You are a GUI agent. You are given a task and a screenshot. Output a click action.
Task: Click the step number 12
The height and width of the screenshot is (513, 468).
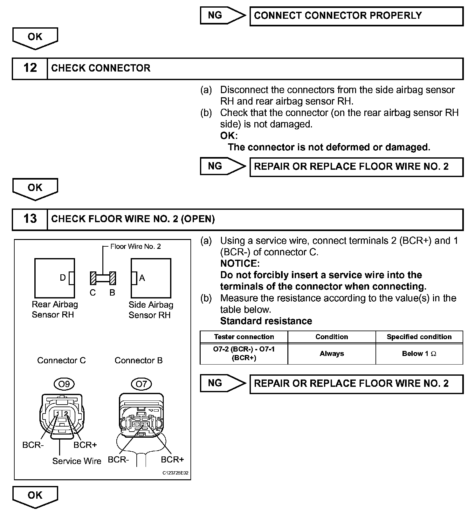[30, 68]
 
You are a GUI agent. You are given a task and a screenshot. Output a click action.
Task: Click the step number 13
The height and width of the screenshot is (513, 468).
[30, 219]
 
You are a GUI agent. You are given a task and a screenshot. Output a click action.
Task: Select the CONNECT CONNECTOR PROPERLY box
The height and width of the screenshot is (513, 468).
[356, 16]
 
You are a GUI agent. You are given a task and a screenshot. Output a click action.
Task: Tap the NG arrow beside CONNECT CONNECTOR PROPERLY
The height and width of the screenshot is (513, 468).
[222, 16]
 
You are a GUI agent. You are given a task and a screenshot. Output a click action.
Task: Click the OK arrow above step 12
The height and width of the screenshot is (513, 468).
[35, 38]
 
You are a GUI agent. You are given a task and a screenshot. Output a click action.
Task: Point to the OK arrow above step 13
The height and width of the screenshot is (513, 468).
[35, 188]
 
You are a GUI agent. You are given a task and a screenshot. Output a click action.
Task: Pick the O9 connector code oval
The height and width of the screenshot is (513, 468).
[64, 384]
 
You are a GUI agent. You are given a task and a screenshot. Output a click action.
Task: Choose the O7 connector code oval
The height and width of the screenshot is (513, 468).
[141, 384]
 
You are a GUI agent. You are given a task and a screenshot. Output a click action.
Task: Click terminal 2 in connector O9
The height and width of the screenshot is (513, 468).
[66, 414]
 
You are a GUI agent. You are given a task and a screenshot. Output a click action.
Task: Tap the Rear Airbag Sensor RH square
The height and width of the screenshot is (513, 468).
[54, 278]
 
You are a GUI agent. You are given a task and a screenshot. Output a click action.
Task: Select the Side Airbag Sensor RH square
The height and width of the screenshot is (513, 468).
[151, 278]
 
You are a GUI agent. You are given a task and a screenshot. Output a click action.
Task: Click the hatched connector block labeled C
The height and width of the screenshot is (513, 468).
[93, 278]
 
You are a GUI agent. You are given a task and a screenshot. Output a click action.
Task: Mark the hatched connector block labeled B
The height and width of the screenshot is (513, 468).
[113, 278]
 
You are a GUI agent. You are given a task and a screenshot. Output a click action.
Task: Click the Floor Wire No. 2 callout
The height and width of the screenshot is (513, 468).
[135, 247]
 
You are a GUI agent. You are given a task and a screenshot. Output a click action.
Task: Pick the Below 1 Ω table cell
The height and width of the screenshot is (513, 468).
[419, 354]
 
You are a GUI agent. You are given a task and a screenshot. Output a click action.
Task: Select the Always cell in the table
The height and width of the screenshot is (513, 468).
[332, 354]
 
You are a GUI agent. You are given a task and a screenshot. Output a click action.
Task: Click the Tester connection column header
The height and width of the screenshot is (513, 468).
[244, 337]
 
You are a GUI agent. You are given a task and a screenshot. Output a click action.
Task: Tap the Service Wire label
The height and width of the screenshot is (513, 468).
[77, 461]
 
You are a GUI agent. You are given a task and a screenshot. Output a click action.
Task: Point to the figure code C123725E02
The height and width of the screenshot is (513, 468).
[175, 473]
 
